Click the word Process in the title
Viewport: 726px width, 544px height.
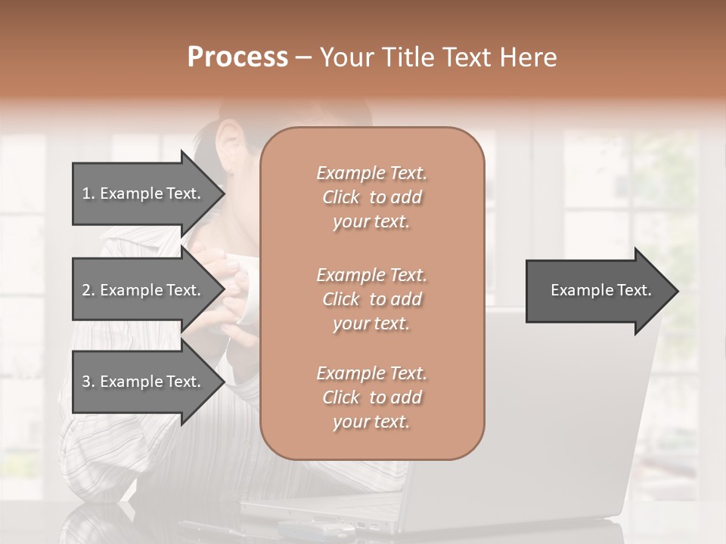[x=237, y=57]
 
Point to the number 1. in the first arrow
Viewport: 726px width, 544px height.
[x=88, y=193]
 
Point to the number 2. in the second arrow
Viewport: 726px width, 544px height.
[x=88, y=290]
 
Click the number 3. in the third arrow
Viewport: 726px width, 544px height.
[x=88, y=382]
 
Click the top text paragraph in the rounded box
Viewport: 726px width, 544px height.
[x=371, y=197]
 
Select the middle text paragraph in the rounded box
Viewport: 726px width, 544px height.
[x=371, y=298]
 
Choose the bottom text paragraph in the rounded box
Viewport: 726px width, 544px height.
[x=371, y=397]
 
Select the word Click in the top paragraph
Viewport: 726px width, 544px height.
[x=341, y=197]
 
